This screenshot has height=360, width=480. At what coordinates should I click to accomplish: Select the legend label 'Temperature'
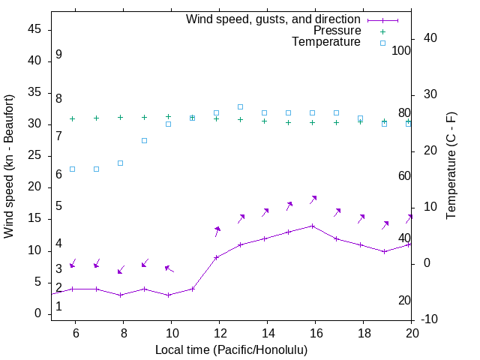pos(326,42)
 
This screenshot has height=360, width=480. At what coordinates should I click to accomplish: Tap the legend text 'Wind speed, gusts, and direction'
pos(274,19)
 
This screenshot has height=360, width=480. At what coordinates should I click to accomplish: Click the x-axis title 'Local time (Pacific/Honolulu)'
pos(231,350)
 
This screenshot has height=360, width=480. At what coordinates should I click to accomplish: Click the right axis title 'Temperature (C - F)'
pos(451,166)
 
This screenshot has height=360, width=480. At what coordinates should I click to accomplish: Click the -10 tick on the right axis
pos(430,320)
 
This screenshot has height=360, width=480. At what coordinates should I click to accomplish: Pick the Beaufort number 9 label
pos(58,55)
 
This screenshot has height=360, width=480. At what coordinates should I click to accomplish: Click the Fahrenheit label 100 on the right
pos(402,51)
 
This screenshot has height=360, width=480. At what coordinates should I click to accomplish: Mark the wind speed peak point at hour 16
pos(313,226)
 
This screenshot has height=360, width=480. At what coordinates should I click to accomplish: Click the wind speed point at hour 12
pos(217,257)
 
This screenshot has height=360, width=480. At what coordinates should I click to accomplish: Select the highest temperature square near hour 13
pos(240,106)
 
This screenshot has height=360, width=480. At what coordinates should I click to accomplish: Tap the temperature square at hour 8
pos(120,163)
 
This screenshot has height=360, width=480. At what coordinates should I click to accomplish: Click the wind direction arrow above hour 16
pos(313,199)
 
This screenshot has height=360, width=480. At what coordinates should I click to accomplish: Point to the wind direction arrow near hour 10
pos(169,268)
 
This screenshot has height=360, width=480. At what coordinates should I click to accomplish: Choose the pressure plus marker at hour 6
pos(73,118)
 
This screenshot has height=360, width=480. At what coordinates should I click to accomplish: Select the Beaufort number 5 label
pos(58,206)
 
